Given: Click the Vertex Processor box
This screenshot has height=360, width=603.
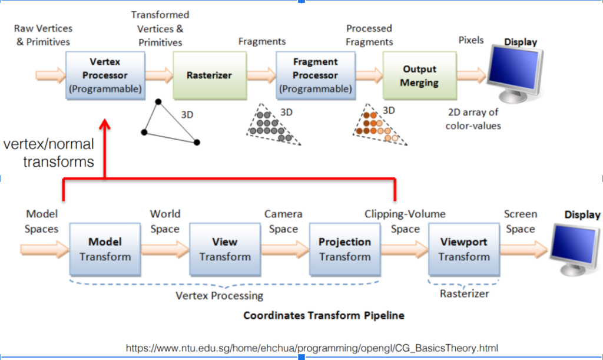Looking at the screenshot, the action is tap(105, 76).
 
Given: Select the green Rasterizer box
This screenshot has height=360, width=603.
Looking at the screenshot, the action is tap(210, 76).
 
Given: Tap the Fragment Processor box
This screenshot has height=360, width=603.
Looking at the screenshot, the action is tap(316, 76).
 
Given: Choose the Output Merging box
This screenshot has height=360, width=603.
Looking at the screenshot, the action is tap(419, 76).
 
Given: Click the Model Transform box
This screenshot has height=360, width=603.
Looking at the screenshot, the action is tap(105, 249).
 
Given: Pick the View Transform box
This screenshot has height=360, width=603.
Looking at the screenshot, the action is tap(225, 249).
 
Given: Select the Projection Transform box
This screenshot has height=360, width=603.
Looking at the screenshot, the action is tap(345, 249).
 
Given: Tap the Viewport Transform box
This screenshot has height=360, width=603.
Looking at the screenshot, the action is tap(464, 249).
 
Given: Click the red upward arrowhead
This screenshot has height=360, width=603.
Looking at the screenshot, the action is tap(105, 124).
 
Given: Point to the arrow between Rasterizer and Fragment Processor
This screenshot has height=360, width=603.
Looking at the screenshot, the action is tap(261, 75).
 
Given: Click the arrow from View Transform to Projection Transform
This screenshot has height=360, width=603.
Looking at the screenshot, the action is tap(285, 249).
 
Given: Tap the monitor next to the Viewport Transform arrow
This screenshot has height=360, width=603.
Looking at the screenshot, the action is tap(575, 250).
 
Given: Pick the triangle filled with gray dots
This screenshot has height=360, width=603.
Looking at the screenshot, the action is tap(273, 124).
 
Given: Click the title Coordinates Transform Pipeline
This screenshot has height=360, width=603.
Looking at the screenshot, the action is tap(324, 315).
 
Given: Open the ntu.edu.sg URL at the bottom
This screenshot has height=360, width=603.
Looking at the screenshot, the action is tap(312, 348).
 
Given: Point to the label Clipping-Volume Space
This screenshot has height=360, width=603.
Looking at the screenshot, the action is tap(405, 221).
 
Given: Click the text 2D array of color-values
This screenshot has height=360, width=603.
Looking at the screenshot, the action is tap(473, 119).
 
